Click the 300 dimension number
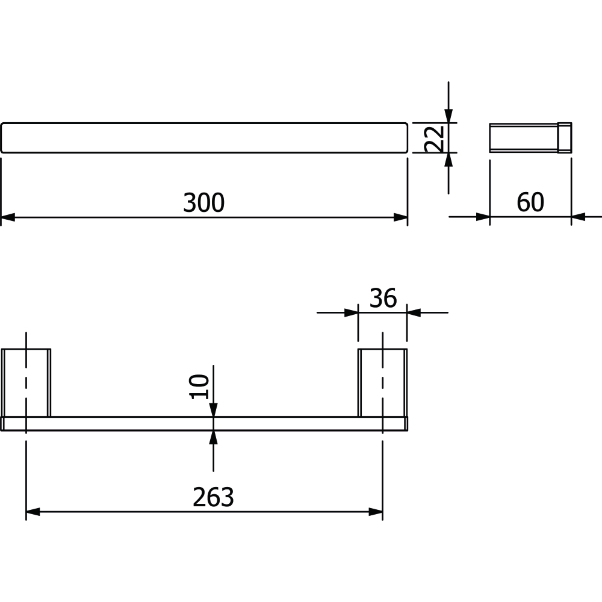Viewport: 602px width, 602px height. tap(203, 203)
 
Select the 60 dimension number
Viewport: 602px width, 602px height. tap(530, 202)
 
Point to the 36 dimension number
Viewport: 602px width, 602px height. tap(383, 298)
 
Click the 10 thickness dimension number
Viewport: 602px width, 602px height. tap(200, 386)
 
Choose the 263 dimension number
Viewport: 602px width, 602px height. tap(213, 497)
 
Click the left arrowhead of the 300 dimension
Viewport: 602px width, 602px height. tap(8, 217)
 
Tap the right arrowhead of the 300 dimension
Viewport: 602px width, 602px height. tap(400, 217)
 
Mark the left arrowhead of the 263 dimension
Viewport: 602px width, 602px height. tap(33, 512)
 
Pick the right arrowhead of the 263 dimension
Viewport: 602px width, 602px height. tap(376, 512)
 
